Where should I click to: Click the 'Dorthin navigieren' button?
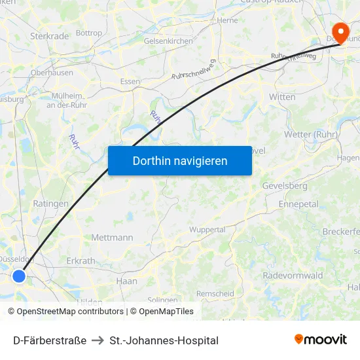[x=179, y=160]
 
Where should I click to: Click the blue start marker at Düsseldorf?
[x=19, y=276]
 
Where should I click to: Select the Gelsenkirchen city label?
[x=168, y=41]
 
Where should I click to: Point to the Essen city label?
[x=130, y=82]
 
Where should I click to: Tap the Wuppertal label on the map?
[x=207, y=230]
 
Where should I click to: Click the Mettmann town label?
[x=113, y=238]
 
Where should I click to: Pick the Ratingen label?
[x=50, y=204]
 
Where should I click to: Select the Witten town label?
[x=282, y=96]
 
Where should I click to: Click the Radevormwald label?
[x=293, y=276]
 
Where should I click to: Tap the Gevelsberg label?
[x=284, y=186]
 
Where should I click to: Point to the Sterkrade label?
[x=49, y=36]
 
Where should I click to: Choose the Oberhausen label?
[x=52, y=73]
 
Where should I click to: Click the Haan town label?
[x=126, y=281]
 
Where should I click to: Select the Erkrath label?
[x=81, y=261]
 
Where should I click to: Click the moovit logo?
[x=320, y=340]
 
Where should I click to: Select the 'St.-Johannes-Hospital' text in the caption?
[x=164, y=340]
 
